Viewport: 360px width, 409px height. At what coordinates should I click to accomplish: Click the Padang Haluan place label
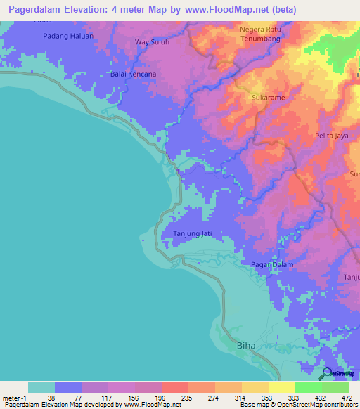pos(68,35)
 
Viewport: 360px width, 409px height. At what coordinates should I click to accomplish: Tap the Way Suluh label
pos(153,42)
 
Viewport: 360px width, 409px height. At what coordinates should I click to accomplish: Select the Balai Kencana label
pos(134,74)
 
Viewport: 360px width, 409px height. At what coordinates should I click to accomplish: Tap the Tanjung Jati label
pos(192,233)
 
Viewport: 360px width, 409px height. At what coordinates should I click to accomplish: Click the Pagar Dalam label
pos(272,264)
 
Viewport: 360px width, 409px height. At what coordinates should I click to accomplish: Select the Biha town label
pos(246,346)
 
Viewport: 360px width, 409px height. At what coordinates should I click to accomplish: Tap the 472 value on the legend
pos(346,397)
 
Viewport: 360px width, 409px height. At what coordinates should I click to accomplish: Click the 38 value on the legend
pos(51,397)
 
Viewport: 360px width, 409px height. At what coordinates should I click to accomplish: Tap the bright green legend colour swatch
pos(308,387)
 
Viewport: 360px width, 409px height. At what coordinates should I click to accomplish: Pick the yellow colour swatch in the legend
pos(281,387)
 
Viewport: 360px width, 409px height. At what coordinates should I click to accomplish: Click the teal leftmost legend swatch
pos(41,387)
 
